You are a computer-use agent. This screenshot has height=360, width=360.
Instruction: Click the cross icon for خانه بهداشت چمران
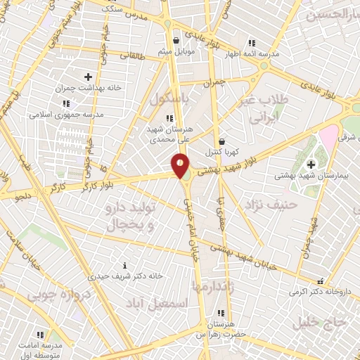point(88,77)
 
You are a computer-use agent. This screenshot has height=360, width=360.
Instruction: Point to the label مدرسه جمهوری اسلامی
point(67,113)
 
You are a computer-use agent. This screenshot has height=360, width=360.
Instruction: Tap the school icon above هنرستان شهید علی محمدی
point(168,117)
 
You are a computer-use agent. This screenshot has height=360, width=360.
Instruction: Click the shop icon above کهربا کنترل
point(221,141)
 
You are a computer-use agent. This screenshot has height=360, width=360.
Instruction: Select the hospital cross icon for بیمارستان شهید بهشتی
point(311,165)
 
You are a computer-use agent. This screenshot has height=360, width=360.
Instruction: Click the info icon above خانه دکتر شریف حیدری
point(125,265)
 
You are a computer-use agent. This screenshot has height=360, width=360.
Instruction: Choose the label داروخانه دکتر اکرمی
point(320,290)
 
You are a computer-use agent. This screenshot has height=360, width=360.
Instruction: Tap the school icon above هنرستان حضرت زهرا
point(221,313)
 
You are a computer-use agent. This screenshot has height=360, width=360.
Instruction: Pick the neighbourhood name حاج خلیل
point(324,323)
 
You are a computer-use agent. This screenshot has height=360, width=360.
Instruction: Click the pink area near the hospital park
point(329,138)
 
